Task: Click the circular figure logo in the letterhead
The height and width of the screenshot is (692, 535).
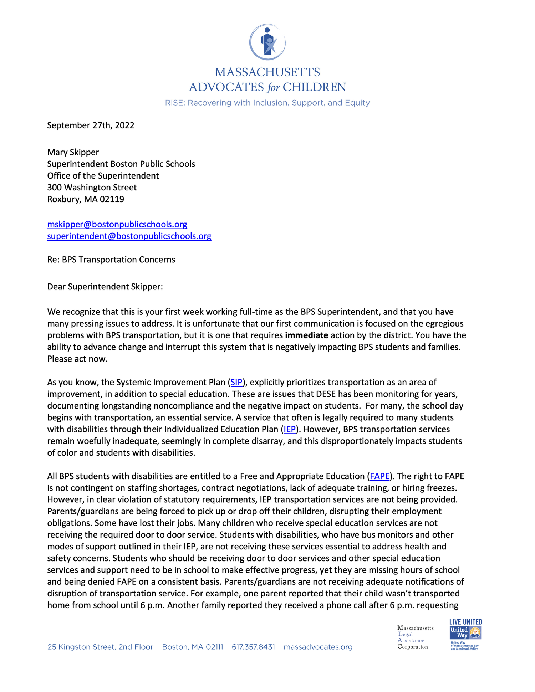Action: [267, 42]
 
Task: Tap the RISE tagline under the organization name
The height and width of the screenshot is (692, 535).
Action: [267, 103]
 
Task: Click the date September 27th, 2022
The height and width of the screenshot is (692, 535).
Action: [91, 125]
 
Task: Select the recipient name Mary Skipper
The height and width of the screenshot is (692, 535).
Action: [73, 152]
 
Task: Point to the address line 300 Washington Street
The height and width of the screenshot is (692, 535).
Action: [92, 188]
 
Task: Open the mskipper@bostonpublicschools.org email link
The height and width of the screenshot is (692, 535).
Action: [117, 224]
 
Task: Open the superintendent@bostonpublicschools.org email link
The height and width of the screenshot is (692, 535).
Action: [129, 236]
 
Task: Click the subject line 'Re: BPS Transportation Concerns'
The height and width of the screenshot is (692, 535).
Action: [111, 260]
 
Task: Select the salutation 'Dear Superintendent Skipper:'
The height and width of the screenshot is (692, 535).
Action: [105, 287]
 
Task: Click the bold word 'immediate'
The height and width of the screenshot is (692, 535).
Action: [306, 335]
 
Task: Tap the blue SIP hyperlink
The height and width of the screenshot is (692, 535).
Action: [236, 383]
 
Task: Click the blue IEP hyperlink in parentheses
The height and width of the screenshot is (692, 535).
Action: [290, 429]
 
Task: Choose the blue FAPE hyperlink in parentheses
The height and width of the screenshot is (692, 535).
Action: [379, 476]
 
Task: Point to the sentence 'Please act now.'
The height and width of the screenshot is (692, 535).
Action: [77, 359]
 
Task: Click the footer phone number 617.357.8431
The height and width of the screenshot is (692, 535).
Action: [253, 647]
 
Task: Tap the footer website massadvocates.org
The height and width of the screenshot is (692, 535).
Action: [318, 647]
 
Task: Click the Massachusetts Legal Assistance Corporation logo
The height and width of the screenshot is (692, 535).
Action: [414, 637]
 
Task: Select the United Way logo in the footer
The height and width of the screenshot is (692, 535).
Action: [465, 635]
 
